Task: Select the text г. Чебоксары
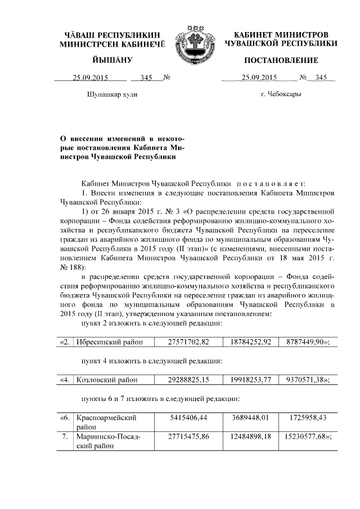pos(281,94)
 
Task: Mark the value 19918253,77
pos(250,380)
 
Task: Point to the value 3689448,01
pos(250,419)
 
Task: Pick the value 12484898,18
pos(250,437)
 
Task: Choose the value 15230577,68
pos(304,437)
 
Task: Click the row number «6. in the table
pos(65,419)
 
